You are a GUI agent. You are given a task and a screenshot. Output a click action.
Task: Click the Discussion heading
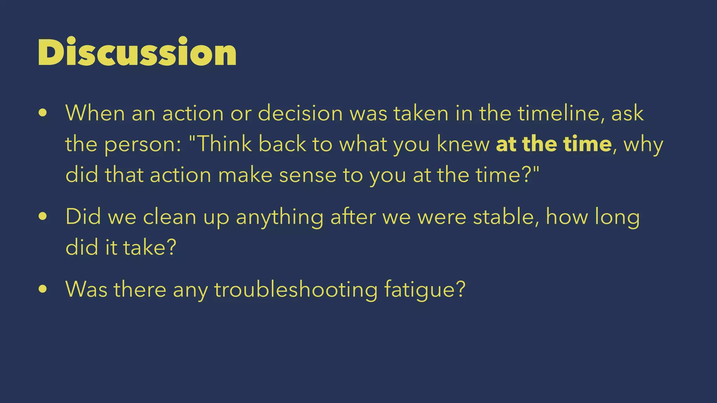(x=137, y=52)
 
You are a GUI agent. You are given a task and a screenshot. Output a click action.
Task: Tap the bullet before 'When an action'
(x=43, y=113)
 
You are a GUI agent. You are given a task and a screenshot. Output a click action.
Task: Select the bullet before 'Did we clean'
(x=43, y=217)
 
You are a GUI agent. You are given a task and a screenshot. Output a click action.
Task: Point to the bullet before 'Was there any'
(x=43, y=289)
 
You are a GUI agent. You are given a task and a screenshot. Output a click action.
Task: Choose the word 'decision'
(x=300, y=113)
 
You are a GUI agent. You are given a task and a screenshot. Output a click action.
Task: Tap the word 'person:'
(x=143, y=144)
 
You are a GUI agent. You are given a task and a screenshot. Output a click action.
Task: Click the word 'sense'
(x=308, y=175)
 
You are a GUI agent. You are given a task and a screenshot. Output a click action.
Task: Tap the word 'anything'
(x=279, y=217)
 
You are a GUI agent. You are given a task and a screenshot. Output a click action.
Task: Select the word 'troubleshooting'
(x=296, y=290)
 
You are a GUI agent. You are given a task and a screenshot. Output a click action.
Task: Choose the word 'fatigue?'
(x=425, y=290)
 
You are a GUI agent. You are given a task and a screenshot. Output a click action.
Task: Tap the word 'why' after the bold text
(x=643, y=144)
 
